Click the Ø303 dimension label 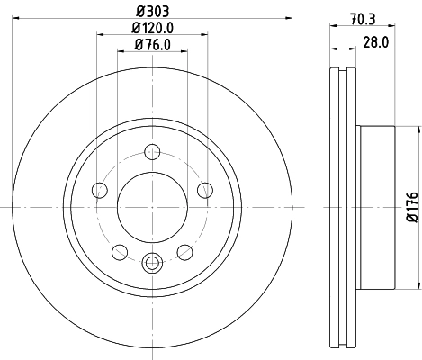click(x=152, y=10)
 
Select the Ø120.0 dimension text click(x=152, y=28)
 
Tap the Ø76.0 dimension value click(x=152, y=44)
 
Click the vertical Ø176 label click(x=410, y=205)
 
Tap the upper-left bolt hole click(x=100, y=189)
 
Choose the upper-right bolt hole click(x=204, y=189)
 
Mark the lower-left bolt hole click(x=120, y=251)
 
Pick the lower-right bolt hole click(x=184, y=251)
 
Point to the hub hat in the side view click(x=377, y=205)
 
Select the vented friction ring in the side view click(x=342, y=205)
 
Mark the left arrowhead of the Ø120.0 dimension click(x=99, y=36)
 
